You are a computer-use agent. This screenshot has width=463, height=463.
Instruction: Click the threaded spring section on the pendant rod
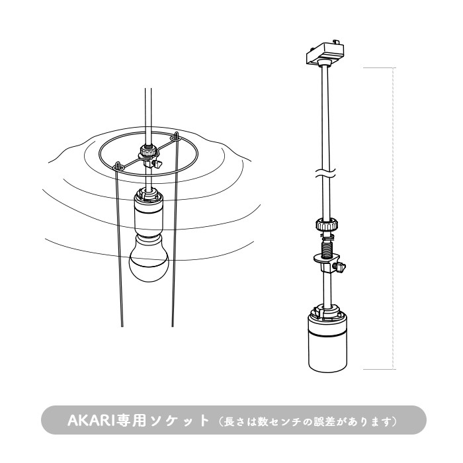326,250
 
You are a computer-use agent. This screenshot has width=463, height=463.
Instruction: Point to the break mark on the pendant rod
325,176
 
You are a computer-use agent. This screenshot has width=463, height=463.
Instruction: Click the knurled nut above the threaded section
325,226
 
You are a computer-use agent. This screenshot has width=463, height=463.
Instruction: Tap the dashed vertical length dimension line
394,218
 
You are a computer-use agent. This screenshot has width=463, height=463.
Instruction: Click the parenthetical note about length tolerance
304,421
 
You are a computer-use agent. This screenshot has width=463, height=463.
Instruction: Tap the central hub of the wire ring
147,154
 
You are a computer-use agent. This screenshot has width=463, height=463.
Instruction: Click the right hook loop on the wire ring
175,136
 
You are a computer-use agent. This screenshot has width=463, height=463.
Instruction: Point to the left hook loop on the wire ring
118,165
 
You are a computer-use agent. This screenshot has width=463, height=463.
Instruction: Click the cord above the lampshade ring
146,112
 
